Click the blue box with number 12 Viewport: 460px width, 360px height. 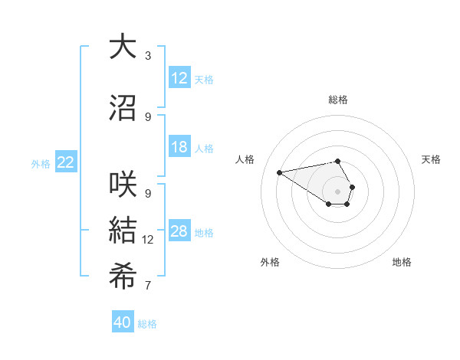pyautogui.click(x=179, y=78)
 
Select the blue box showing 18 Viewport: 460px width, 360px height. pyautogui.click(x=179, y=148)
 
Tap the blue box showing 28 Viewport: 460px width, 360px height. pyautogui.click(x=179, y=232)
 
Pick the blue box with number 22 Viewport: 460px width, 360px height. pyautogui.click(x=66, y=162)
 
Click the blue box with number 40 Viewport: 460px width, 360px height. pyautogui.click(x=123, y=322)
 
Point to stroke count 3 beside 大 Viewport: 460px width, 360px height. pyautogui.click(x=148, y=56)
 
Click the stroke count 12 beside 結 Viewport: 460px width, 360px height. pyautogui.click(x=148, y=240)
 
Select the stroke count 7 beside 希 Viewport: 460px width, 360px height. pyautogui.click(x=148, y=286)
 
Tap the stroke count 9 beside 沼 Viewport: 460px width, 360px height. pyautogui.click(x=148, y=116)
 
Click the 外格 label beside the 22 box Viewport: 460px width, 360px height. pyautogui.click(x=41, y=163)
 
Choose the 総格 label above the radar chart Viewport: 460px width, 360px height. pyautogui.click(x=338, y=100)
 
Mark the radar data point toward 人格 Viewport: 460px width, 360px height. pyautogui.click(x=280, y=172)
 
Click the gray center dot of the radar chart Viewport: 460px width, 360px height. pyautogui.click(x=338, y=191)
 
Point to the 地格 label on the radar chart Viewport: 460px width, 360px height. pyautogui.click(x=402, y=262)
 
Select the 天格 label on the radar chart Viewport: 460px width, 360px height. pyautogui.click(x=431, y=159)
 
